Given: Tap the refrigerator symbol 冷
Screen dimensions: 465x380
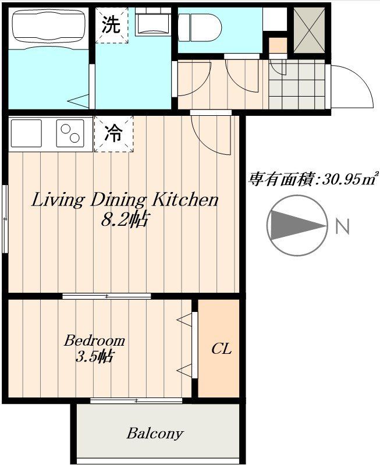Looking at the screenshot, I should (x=113, y=134).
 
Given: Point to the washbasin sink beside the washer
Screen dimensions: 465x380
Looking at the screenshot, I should (x=152, y=22).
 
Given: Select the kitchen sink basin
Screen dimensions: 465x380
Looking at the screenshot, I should (x=26, y=133).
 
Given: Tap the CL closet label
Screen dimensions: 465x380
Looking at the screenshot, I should (x=221, y=349).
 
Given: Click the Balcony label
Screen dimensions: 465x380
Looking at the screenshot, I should (x=155, y=434).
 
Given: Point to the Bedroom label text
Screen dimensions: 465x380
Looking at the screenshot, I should (x=94, y=340).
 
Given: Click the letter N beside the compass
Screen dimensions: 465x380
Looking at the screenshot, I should (x=343, y=226).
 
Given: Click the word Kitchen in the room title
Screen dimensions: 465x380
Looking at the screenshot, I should (x=185, y=201).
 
